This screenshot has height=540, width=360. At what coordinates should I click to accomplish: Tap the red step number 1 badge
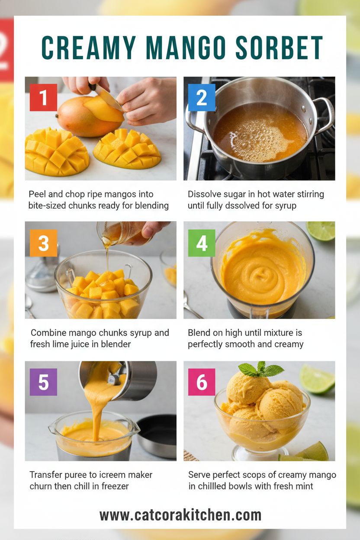(43, 98)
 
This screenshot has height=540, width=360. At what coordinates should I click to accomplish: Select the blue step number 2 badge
(202, 98)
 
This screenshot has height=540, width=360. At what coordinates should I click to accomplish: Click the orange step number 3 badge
(43, 243)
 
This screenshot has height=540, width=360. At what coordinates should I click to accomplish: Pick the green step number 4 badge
(202, 243)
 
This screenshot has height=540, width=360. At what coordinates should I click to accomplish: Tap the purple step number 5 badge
(43, 382)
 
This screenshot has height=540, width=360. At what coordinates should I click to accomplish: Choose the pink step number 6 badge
(202, 382)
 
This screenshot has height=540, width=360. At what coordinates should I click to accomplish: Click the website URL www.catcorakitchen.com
(180, 515)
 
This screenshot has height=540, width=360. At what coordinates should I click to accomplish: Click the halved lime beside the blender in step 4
(321, 231)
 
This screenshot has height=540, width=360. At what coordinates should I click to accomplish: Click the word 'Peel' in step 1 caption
(38, 194)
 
